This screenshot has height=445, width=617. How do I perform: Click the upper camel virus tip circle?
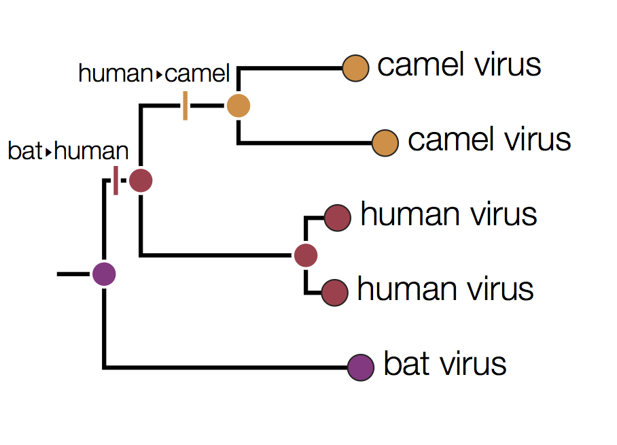pyautogui.click(x=355, y=68)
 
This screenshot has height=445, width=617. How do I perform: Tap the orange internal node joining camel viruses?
pyautogui.click(x=239, y=105)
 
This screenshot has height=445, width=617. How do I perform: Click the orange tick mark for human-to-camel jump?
pyautogui.click(x=185, y=106)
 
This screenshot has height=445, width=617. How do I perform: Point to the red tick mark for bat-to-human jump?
pyautogui.click(x=116, y=180)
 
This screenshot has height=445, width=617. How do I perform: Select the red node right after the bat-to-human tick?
pyautogui.click(x=141, y=181)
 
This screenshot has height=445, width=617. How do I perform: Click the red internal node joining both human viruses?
pyautogui.click(x=306, y=255)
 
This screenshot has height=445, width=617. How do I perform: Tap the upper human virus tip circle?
pyautogui.click(x=337, y=218)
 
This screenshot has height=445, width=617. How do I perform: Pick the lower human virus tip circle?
pyautogui.click(x=334, y=293)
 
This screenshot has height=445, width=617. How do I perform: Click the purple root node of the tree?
pyautogui.click(x=104, y=274)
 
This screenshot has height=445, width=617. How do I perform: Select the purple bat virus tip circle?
pyautogui.click(x=361, y=367)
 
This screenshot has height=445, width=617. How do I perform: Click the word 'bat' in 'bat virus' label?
pyautogui.click(x=405, y=363)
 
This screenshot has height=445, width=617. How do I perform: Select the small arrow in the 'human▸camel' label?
pyautogui.click(x=159, y=73)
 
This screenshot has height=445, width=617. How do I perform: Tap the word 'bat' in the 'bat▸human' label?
pyautogui.click(x=24, y=151)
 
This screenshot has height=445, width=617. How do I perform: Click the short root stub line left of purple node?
pyautogui.click(x=73, y=274)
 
